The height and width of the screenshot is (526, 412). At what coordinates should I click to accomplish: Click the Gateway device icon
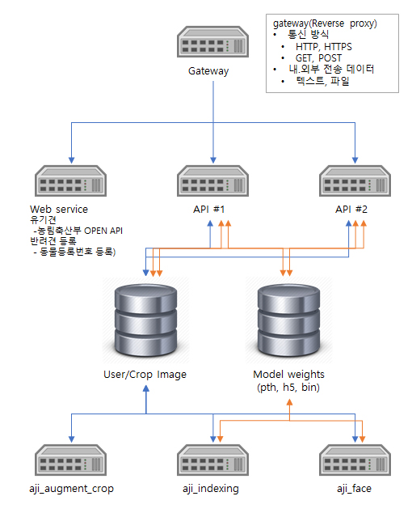[x=212, y=41]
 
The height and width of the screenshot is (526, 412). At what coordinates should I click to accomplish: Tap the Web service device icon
[x=70, y=180]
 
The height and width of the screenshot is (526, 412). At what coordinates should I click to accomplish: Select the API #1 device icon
[x=212, y=180]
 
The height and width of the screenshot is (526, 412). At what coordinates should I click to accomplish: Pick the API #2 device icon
[x=355, y=180]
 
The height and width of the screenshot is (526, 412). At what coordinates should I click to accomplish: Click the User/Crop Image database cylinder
[x=145, y=320]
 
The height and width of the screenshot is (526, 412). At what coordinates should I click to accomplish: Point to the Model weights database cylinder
[x=288, y=320]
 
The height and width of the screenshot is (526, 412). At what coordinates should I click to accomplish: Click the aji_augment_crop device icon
[x=70, y=460]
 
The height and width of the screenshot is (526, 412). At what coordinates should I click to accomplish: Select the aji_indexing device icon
[x=212, y=460]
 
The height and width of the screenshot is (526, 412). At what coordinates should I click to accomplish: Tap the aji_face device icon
[x=355, y=460]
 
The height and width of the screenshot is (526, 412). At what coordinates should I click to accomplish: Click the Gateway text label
[x=208, y=71]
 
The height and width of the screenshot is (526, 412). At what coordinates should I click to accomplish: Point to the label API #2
[x=351, y=210]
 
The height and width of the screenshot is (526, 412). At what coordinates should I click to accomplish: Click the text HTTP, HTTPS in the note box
[x=324, y=47]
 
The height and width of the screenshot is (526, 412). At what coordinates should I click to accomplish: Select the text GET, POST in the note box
[x=318, y=58]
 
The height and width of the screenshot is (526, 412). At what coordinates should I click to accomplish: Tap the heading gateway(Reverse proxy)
[x=325, y=23]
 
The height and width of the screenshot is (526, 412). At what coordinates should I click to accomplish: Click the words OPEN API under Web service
[x=103, y=231]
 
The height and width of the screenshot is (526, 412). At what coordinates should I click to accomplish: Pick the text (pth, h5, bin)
[x=288, y=388]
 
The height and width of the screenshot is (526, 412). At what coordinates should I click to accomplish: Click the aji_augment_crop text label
[x=71, y=489]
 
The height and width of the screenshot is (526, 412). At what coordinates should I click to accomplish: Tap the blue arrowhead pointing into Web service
[x=71, y=160]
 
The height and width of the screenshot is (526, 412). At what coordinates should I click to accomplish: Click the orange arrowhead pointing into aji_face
[x=362, y=439]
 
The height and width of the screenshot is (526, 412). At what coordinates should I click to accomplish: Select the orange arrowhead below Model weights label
[x=289, y=402]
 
